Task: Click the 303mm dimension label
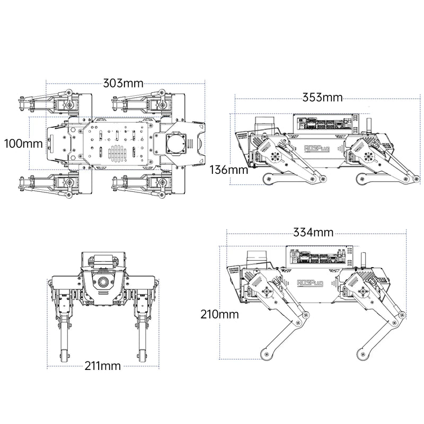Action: click(123, 83)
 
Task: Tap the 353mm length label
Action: click(322, 98)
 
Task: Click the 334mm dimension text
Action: click(313, 232)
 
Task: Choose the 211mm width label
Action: click(102, 366)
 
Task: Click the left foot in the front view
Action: click(66, 355)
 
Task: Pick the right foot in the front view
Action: click(143, 355)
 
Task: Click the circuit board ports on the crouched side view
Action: click(323, 126)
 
